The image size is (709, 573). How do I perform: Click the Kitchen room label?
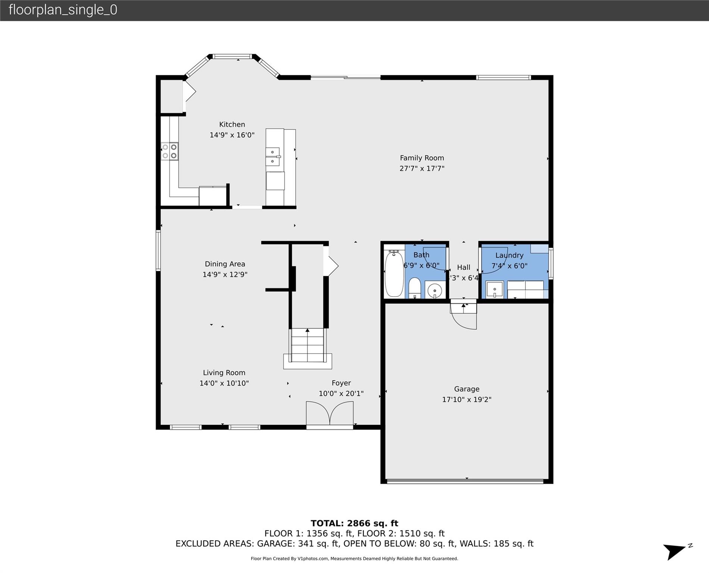(232, 125)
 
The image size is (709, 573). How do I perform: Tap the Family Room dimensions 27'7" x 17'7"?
(422, 169)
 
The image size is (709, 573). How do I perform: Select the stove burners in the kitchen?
(169, 151)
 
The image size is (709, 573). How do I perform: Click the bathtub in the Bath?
(394, 274)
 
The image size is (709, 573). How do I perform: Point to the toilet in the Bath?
(415, 288)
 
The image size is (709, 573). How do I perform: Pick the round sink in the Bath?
(435, 291)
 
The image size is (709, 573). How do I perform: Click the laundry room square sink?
(494, 289)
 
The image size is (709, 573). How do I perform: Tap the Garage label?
(466, 389)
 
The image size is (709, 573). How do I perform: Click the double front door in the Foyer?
(329, 414)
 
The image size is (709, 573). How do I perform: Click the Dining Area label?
(225, 264)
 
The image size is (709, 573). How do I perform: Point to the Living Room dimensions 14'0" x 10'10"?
(224, 383)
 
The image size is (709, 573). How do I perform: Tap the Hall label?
(463, 267)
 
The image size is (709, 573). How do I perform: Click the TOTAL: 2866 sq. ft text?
(354, 523)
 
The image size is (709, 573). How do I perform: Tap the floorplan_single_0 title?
(63, 10)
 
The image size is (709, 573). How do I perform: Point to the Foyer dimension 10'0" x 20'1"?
(341, 394)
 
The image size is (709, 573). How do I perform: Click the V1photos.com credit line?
(354, 558)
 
